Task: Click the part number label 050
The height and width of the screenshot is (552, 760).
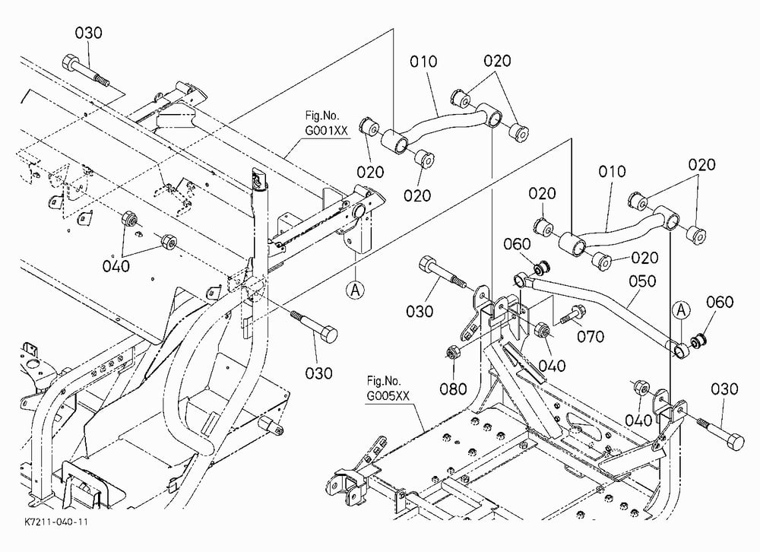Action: click(x=642, y=281)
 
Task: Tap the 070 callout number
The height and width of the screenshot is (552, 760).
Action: click(x=591, y=336)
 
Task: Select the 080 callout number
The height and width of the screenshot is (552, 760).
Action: click(x=453, y=389)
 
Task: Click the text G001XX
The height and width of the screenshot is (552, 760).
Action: click(x=327, y=131)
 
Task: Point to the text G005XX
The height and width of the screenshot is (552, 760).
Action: click(x=388, y=396)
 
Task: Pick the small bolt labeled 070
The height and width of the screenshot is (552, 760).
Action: click(x=573, y=315)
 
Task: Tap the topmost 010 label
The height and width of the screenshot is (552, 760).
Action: click(x=423, y=62)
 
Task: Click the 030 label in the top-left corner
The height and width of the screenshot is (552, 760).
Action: click(x=88, y=33)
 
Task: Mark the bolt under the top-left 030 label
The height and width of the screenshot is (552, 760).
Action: click(x=85, y=71)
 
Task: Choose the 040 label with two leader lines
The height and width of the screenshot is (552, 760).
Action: click(x=116, y=266)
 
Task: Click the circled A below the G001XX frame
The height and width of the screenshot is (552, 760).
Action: click(x=355, y=290)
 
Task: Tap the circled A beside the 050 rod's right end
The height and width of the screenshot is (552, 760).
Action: click(x=682, y=309)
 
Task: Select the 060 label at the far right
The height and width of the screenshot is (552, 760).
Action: click(x=720, y=302)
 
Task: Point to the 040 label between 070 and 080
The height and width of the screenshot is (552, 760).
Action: click(x=552, y=366)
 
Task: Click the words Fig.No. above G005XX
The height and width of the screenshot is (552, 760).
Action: click(x=384, y=381)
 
